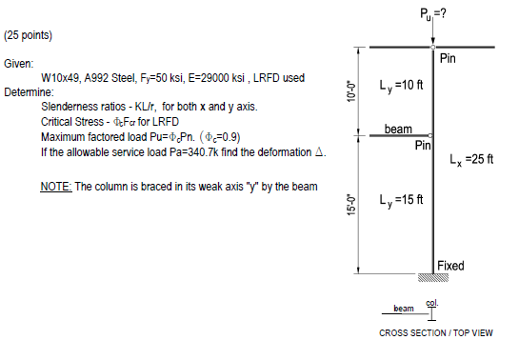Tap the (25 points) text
coord(29,35)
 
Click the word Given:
coord(18,63)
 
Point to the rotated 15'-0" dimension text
coord(352,204)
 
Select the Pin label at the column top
coord(450,60)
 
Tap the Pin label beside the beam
coord(425,146)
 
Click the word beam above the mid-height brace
coord(398,128)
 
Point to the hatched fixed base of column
coord(433,278)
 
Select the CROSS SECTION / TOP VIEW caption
coord(436,332)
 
